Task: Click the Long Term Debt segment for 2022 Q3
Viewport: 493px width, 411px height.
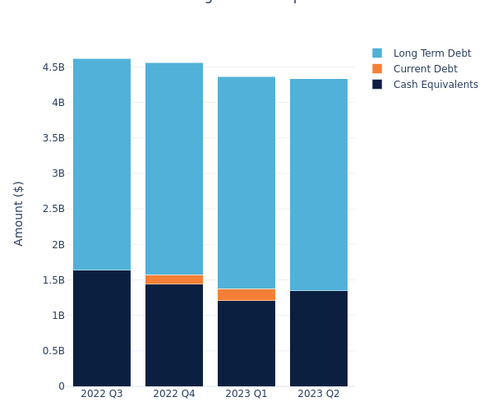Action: (102, 164)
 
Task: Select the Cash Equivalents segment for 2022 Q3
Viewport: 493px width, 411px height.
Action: (102, 328)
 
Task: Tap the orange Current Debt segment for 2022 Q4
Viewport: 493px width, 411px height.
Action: (174, 279)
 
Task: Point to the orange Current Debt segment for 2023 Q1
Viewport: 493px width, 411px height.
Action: (246, 294)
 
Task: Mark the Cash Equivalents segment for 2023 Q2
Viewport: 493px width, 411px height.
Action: (319, 338)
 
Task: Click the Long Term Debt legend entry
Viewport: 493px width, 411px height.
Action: (431, 53)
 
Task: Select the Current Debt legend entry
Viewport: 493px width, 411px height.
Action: (425, 69)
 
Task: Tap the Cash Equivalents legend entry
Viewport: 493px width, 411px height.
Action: (435, 85)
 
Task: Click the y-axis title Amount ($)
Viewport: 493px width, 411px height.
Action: (19, 213)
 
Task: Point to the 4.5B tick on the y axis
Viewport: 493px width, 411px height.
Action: (53, 67)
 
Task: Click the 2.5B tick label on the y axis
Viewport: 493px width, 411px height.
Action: (53, 209)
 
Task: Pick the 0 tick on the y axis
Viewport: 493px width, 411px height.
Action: (61, 386)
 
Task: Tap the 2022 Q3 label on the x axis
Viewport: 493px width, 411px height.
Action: (102, 394)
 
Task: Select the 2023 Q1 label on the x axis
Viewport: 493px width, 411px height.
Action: (246, 394)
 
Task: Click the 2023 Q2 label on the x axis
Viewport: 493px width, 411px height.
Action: (319, 394)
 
